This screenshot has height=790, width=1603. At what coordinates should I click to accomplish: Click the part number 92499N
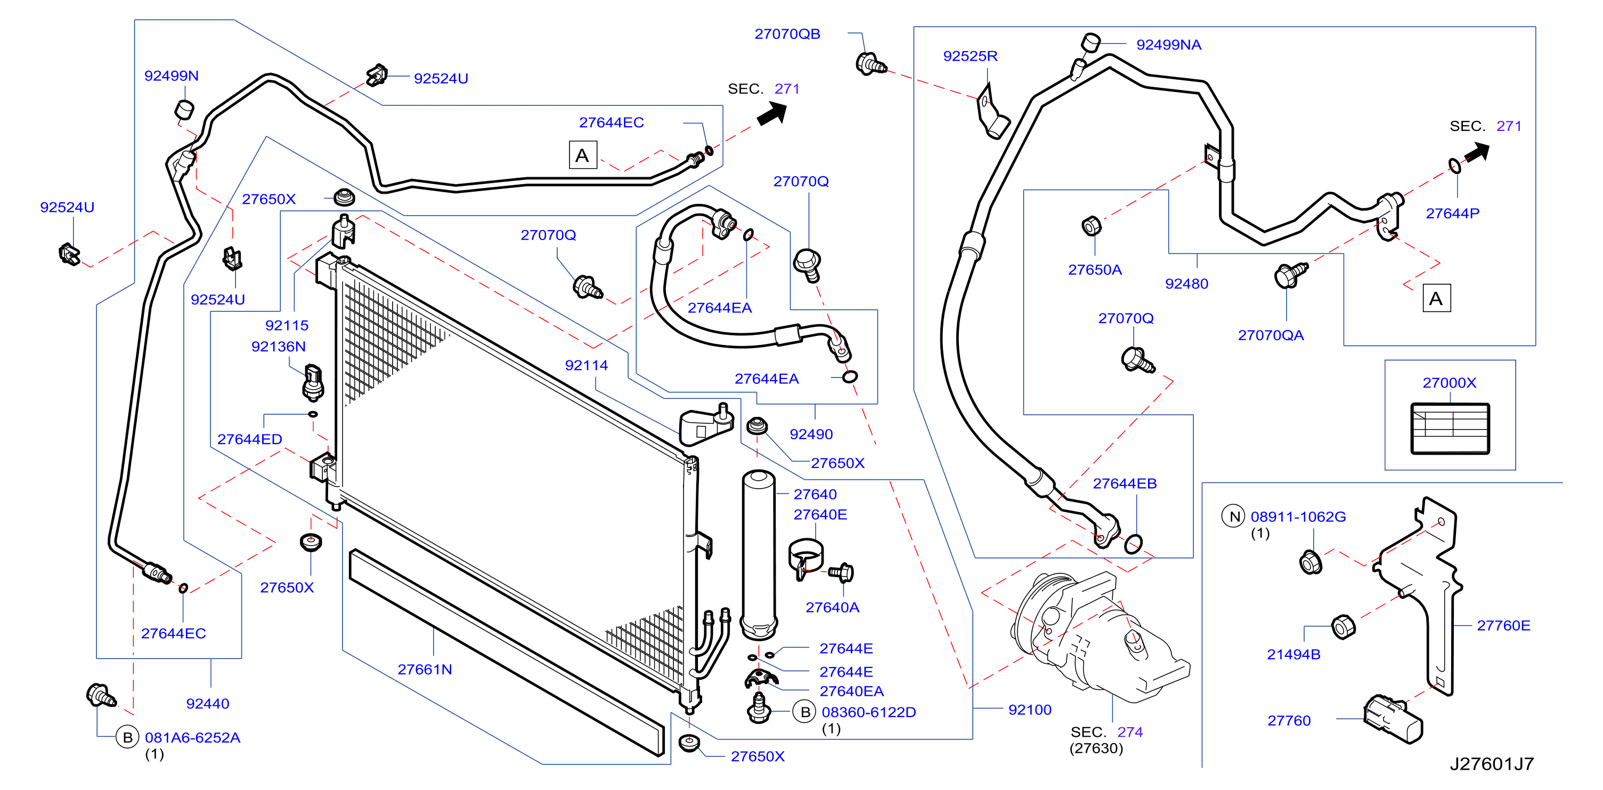click(171, 76)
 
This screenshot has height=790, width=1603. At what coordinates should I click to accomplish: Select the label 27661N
click(425, 669)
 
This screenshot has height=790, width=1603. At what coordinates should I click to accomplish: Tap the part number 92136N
click(278, 347)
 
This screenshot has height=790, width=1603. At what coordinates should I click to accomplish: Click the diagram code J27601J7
click(1492, 764)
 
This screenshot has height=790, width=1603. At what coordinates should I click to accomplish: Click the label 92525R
click(970, 56)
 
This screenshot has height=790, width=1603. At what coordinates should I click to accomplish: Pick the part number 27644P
click(1452, 213)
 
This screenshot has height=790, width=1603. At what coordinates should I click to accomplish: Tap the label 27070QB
click(787, 34)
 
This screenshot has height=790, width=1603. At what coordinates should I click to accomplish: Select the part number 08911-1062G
click(1298, 516)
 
